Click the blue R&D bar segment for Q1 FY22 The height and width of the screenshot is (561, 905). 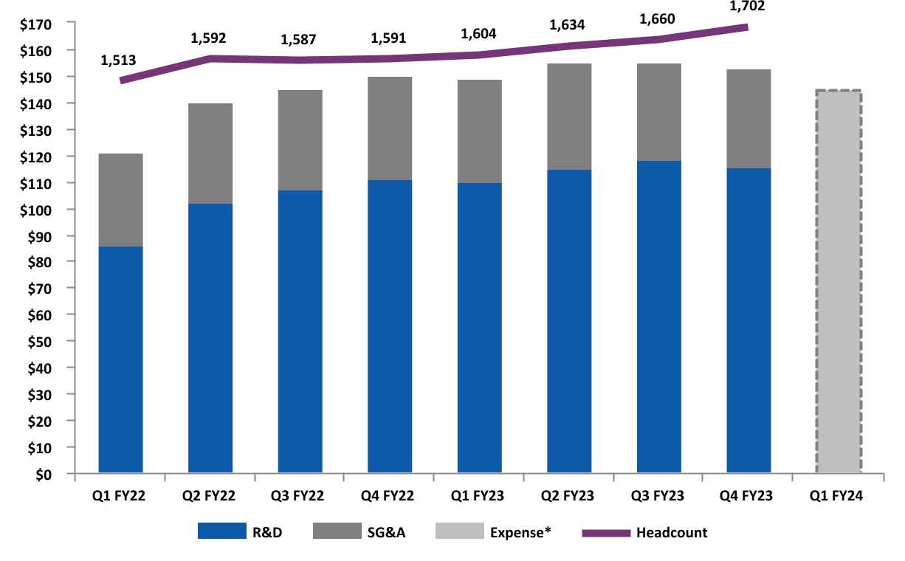point(120,359)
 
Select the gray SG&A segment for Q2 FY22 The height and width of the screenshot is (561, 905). point(210,154)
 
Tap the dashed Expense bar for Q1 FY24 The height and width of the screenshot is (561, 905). point(839,281)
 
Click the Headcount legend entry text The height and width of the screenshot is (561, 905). point(672,532)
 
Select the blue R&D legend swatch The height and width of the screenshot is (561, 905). point(221,532)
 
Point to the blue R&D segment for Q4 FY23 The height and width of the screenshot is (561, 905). point(749,320)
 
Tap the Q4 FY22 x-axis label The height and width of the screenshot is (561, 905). point(390,496)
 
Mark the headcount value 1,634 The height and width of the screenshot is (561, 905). point(567,25)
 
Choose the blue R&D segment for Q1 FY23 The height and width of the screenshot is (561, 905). point(480,328)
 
